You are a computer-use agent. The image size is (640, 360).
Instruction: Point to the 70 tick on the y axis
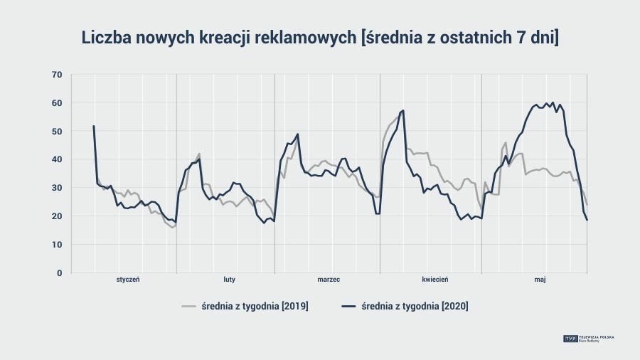tap(57, 75)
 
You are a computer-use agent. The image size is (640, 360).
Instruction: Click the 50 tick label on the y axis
tap(57, 132)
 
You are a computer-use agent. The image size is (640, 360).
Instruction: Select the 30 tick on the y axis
tap(57, 188)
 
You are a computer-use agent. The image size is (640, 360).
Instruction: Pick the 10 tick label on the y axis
tap(57, 245)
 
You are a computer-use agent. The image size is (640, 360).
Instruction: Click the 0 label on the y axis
tap(59, 273)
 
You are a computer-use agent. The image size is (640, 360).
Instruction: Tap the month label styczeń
tap(128, 280)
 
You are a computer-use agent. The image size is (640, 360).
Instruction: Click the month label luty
tap(229, 280)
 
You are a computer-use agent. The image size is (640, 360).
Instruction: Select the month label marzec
tap(329, 280)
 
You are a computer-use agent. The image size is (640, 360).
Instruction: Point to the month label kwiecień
tap(434, 280)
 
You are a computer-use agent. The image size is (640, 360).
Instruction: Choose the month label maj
tap(540, 280)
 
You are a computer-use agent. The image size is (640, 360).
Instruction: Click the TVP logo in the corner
tap(570, 339)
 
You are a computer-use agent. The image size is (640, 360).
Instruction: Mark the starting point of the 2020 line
tap(94, 126)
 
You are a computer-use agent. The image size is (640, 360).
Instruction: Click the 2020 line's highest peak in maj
tap(553, 102)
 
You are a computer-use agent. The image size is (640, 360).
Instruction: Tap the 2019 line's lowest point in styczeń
tap(172, 227)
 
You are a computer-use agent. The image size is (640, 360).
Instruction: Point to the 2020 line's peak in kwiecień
tap(403, 110)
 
